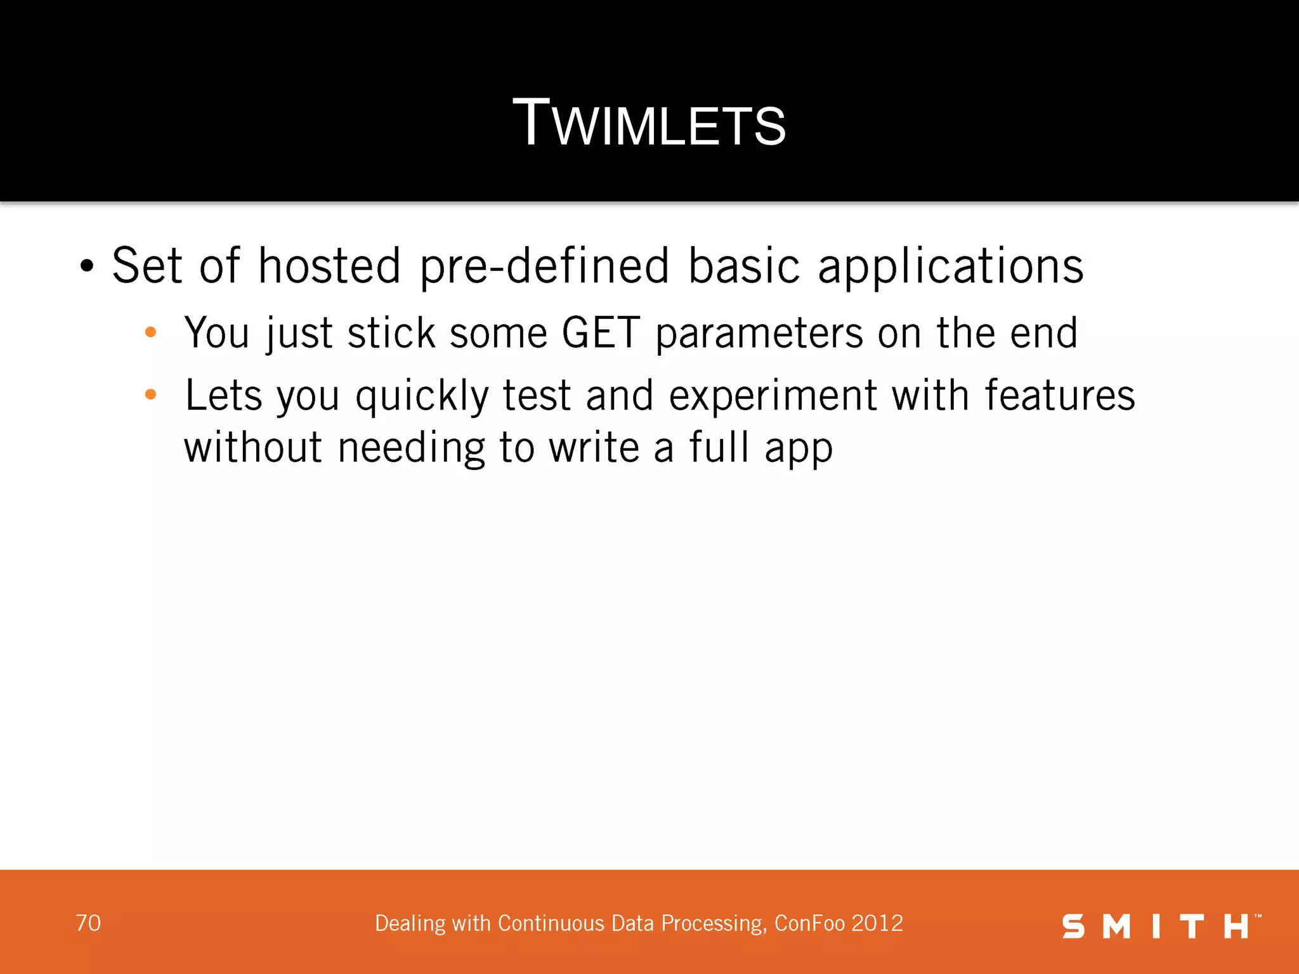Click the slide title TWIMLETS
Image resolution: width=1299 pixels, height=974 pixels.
[649, 123]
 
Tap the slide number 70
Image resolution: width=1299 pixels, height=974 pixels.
[88, 923]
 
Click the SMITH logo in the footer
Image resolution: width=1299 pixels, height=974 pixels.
[1161, 926]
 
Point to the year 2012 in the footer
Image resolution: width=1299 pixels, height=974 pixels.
[877, 923]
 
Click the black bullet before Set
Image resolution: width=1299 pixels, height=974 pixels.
[87, 266]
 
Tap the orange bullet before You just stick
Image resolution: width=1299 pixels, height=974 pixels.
[150, 332]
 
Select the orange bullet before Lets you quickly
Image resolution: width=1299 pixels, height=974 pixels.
[150, 395]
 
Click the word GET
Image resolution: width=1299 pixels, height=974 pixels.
[601, 332]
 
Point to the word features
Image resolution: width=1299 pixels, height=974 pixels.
[1059, 395]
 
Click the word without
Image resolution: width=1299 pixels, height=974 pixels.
[253, 447]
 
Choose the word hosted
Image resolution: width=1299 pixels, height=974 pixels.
[329, 265]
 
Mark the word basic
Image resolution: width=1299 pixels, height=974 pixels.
[743, 265]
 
